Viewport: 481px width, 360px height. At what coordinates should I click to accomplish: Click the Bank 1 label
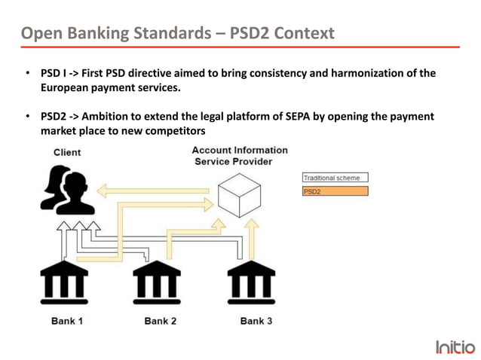(x=67, y=321)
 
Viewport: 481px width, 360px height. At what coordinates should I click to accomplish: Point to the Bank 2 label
(x=160, y=321)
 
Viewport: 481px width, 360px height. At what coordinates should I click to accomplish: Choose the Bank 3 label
(x=256, y=321)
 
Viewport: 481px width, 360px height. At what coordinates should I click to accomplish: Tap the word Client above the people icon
(x=67, y=152)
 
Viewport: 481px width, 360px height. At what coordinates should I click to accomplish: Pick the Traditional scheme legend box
(x=335, y=178)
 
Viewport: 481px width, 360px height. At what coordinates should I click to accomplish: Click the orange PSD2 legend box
(x=335, y=191)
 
